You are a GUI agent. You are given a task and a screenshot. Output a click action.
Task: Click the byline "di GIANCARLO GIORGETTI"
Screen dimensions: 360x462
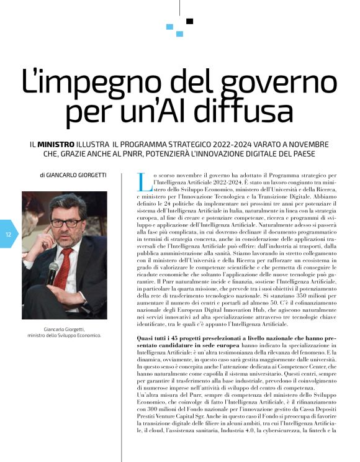[73, 175]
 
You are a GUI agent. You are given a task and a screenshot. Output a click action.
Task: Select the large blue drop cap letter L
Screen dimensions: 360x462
[143, 182]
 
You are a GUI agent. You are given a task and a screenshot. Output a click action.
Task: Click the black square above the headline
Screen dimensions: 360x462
[189, 21]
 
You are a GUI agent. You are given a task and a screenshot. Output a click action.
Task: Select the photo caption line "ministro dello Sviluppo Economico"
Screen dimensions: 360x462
[65, 336]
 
